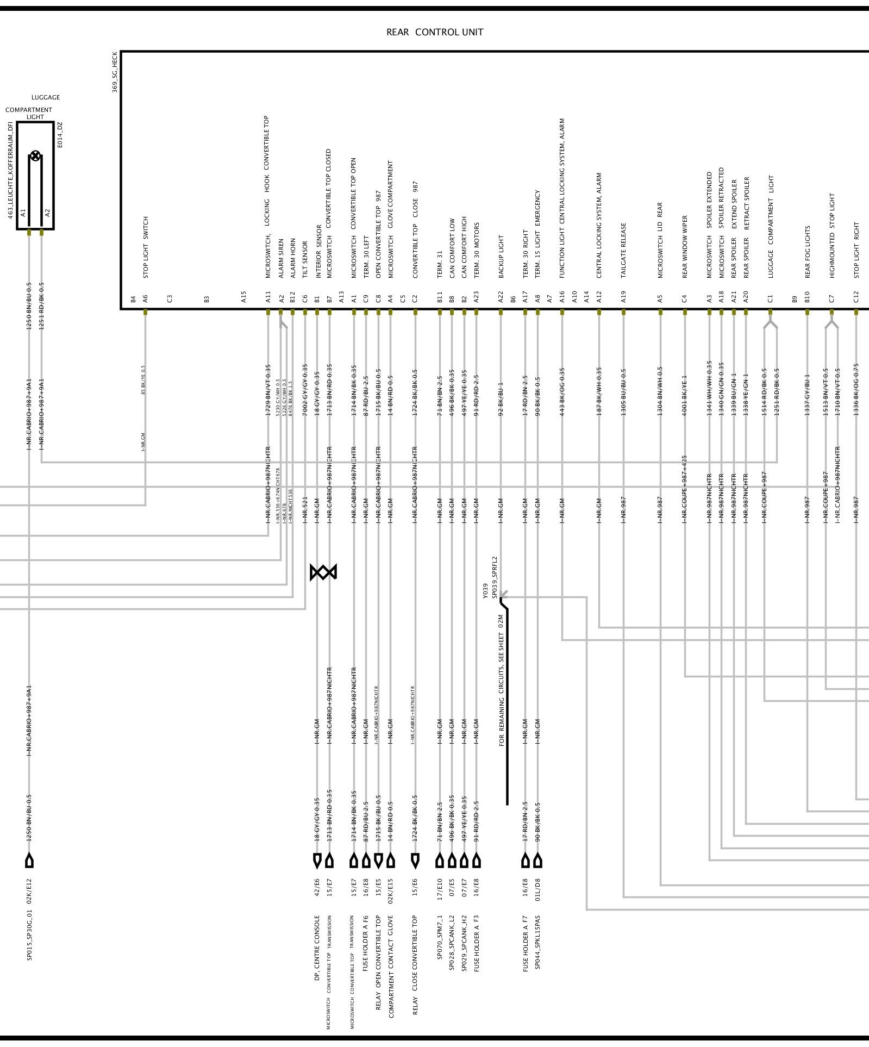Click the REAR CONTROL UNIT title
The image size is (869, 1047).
pos(434,32)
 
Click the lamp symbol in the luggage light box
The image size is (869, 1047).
pos(35,156)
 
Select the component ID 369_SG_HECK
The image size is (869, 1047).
pos(115,72)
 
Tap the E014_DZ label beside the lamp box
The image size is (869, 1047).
pos(60,134)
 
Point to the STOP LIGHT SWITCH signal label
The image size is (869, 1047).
pos(146,247)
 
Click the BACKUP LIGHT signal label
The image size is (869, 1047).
pos(501,257)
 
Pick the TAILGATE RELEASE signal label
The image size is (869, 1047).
pos(623,250)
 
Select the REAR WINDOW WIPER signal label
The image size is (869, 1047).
pos(685,247)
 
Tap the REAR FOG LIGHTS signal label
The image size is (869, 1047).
pos(808,252)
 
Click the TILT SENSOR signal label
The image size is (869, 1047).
pos(305,259)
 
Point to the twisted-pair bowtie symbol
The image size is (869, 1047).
pos(323,572)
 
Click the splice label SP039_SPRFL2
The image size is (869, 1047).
pos(495,577)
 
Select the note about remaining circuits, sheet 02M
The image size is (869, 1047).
pos(501,680)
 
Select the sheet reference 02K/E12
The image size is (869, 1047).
pos(29,890)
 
